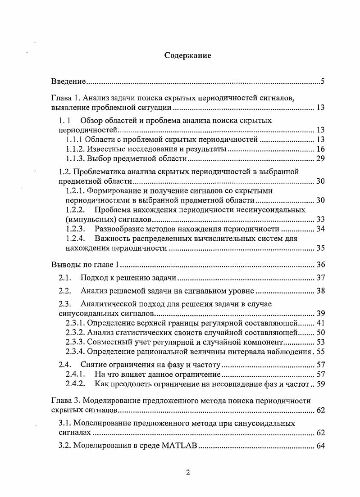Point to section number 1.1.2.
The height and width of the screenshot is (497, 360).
[x=75, y=149]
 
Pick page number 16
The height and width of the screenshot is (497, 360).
[x=320, y=149]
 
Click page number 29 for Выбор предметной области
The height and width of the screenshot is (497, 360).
[x=320, y=158]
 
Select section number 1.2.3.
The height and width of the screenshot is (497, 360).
[x=76, y=229]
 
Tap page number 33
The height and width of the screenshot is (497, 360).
[x=320, y=220]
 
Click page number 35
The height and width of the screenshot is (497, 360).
[x=320, y=248]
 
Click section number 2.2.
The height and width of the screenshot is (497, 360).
[x=65, y=291]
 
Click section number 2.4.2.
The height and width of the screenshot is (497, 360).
[x=76, y=384]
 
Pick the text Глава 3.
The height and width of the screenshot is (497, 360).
[x=66, y=401]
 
